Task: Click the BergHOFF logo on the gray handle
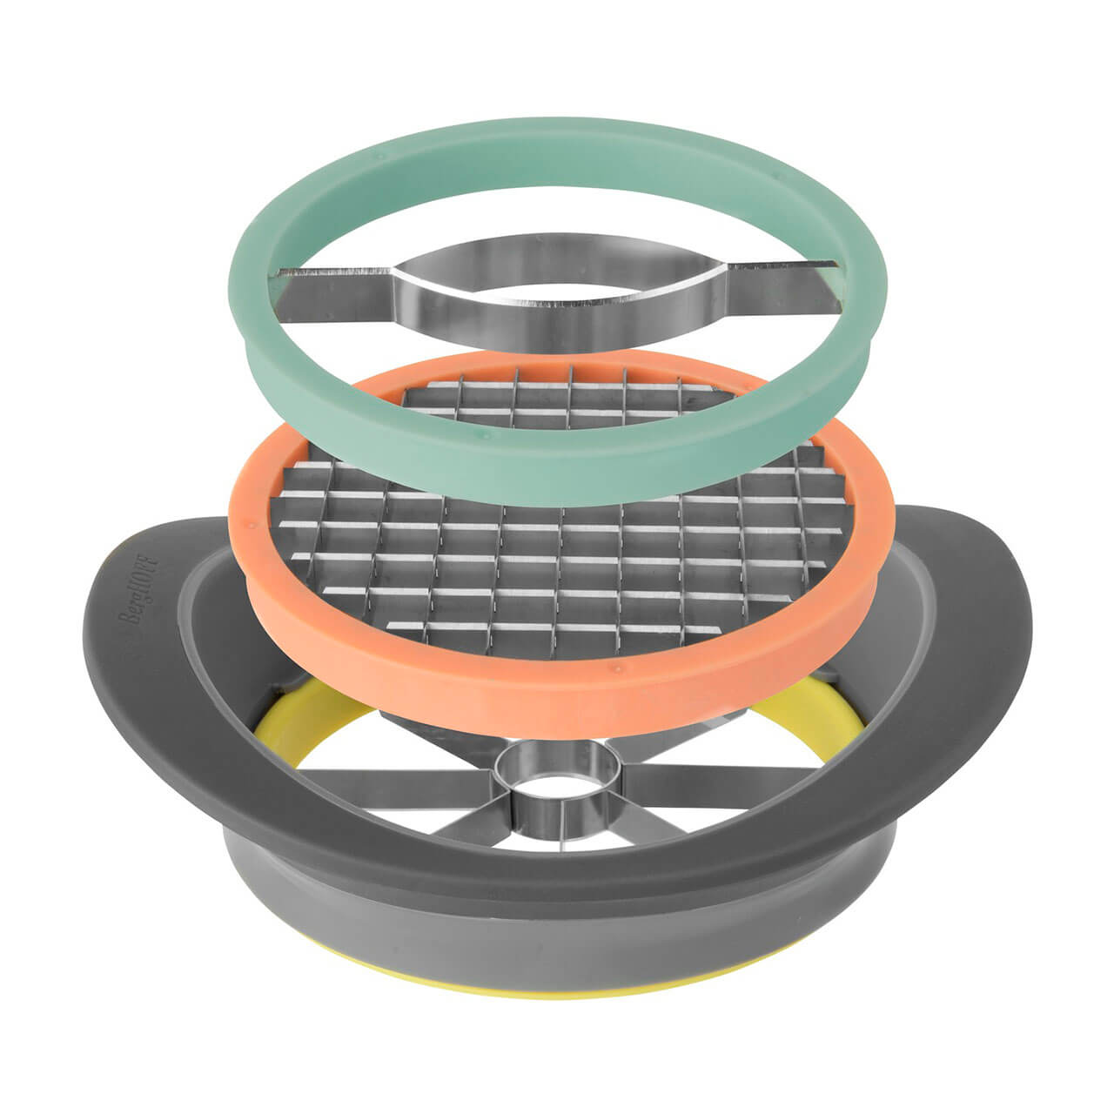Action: point(138,589)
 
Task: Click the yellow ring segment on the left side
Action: point(300,717)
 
